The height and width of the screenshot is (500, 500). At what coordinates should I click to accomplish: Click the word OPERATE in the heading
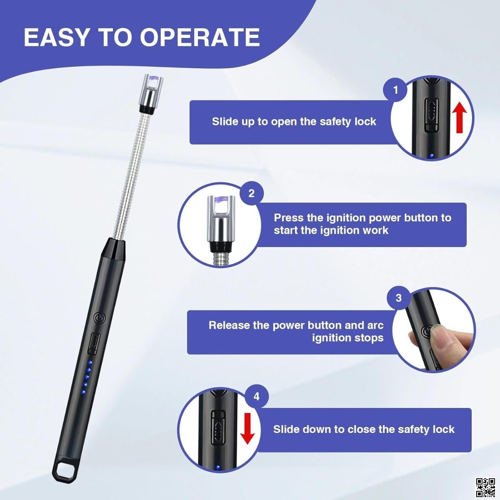point(200,37)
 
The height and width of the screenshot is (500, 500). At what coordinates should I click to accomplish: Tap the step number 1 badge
point(395,90)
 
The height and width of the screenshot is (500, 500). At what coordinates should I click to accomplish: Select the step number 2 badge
point(251,194)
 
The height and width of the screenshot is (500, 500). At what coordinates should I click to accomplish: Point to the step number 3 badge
point(399,297)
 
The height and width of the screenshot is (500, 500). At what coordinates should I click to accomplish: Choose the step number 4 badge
point(256,397)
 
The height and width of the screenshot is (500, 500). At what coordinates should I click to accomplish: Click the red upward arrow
point(460,117)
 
